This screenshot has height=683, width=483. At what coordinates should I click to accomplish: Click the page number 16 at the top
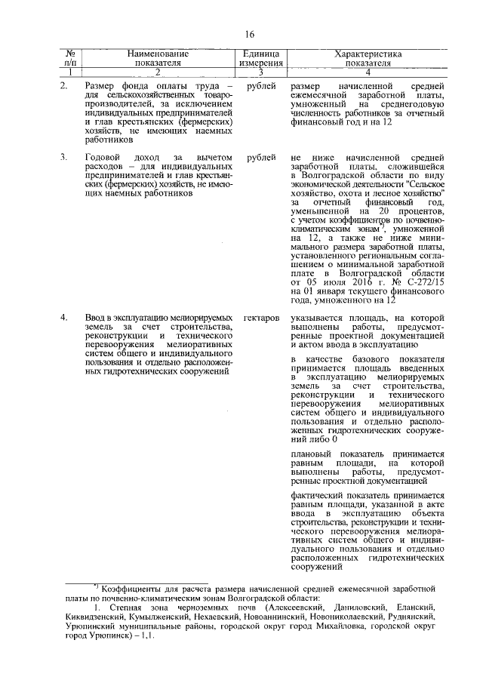point(249,33)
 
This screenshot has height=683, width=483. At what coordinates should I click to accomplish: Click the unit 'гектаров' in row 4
point(262,320)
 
